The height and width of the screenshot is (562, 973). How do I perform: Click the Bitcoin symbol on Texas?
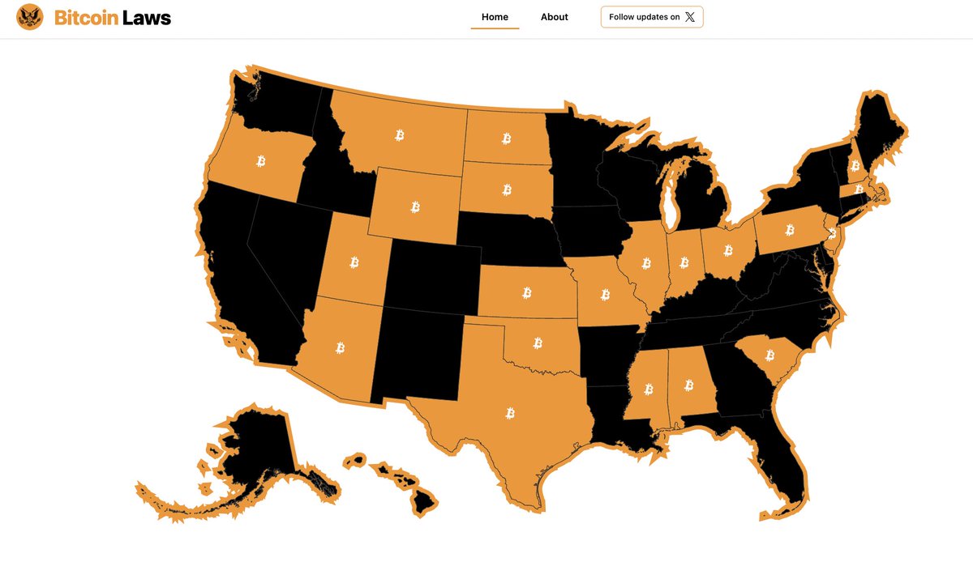click(510, 413)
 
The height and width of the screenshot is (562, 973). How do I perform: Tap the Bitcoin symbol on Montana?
click(399, 135)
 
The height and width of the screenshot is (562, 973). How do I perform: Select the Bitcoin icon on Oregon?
click(261, 160)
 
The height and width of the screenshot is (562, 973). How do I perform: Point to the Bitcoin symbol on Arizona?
click(340, 348)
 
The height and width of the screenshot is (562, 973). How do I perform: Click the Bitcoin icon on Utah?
click(354, 262)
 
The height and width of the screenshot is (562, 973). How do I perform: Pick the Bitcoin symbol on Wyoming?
click(415, 207)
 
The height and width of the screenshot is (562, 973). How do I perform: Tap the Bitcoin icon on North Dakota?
click(507, 138)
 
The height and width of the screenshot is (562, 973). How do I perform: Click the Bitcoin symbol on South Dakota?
click(507, 190)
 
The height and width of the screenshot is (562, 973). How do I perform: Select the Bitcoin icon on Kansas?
click(527, 292)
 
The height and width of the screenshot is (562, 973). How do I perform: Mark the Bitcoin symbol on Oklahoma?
click(538, 343)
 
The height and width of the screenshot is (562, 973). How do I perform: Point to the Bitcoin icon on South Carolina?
click(769, 355)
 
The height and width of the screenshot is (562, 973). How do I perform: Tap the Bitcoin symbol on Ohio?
click(728, 250)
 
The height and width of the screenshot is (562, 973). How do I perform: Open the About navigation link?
click(555, 17)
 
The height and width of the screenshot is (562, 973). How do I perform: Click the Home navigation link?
click(495, 17)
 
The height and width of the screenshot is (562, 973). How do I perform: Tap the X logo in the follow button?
click(690, 17)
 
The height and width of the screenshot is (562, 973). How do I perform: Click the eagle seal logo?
click(30, 17)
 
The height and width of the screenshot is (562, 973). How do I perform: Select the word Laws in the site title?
click(147, 17)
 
